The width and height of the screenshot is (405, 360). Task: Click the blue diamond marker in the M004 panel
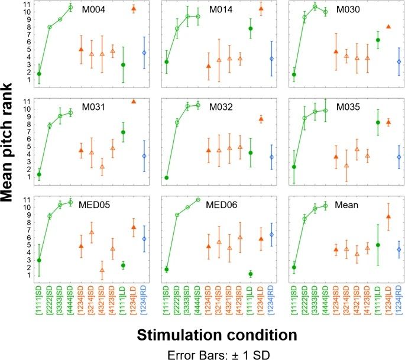[144, 53]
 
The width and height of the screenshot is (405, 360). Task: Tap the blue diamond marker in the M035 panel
[399, 157]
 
